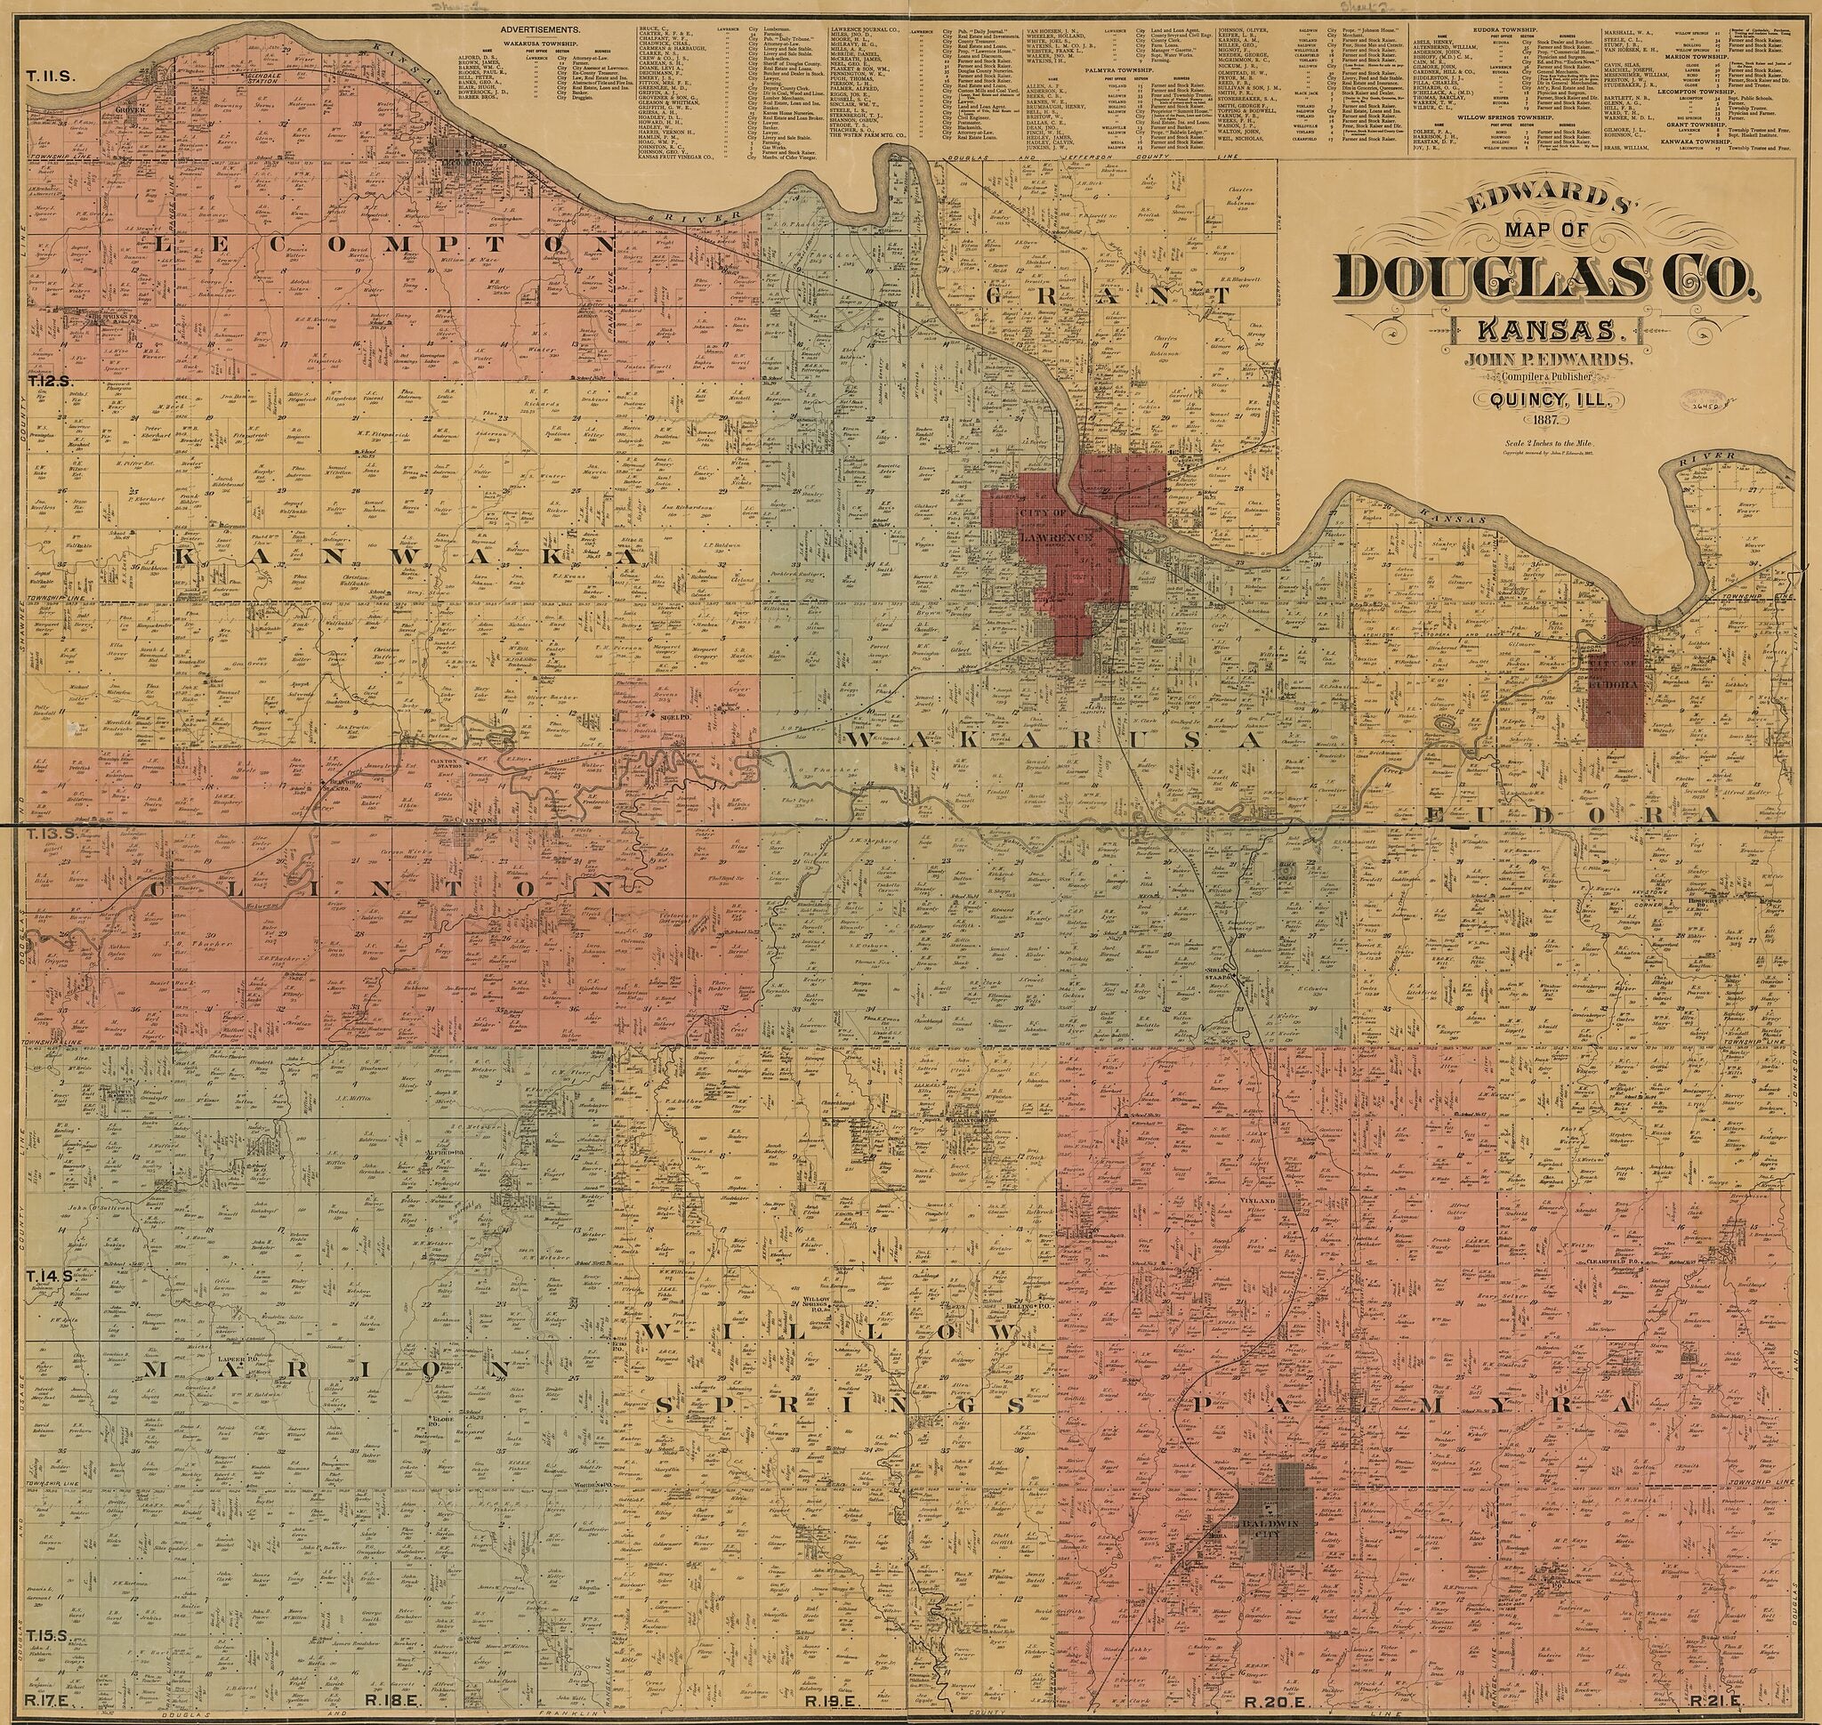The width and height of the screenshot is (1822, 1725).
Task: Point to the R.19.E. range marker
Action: [831, 1701]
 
